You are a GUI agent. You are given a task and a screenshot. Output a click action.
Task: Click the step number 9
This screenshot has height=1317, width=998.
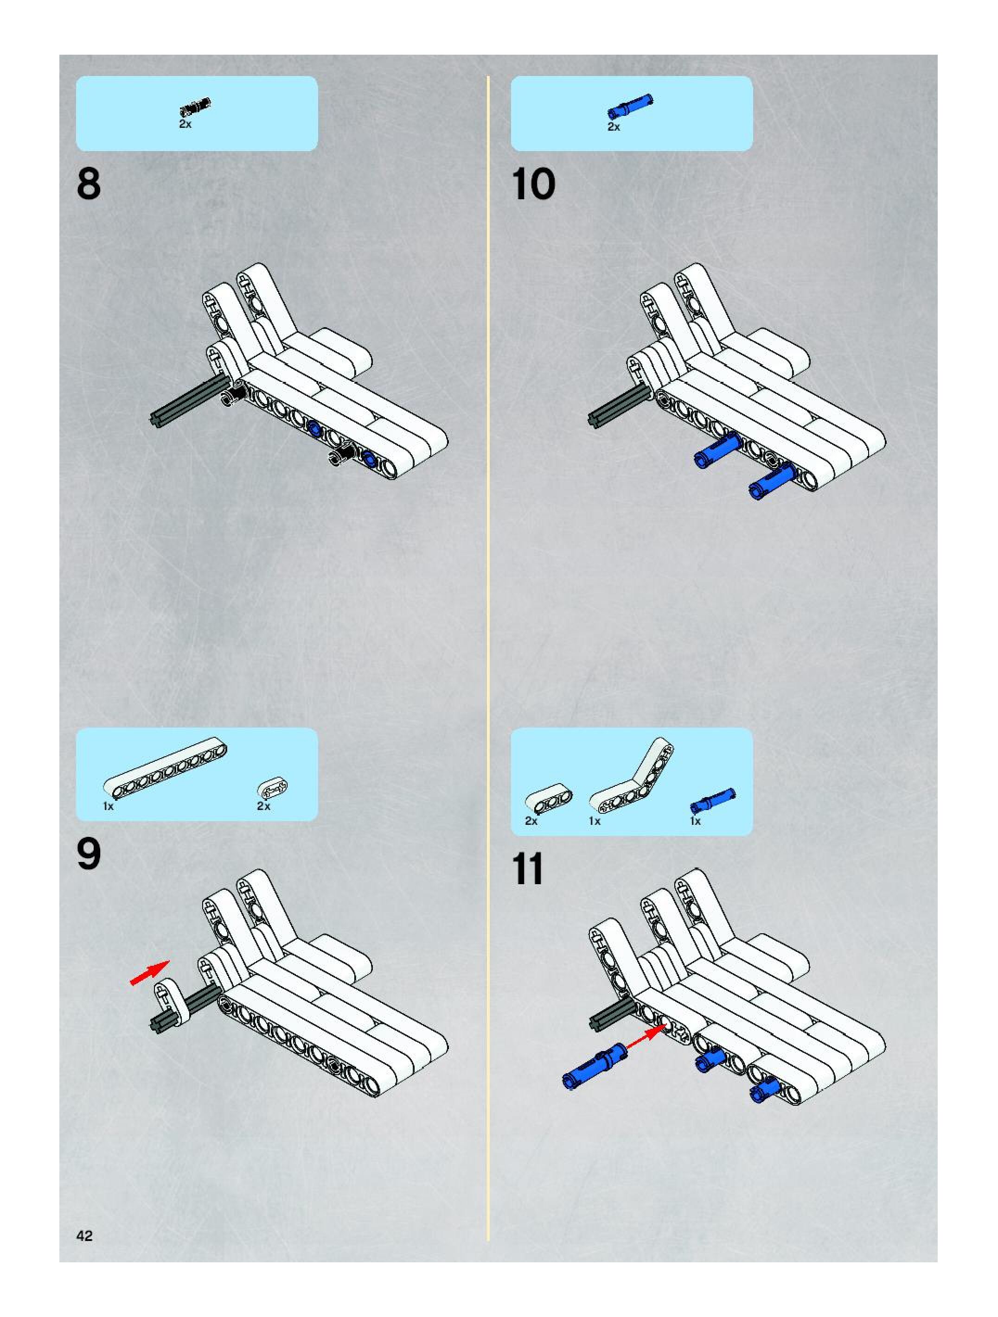point(89,855)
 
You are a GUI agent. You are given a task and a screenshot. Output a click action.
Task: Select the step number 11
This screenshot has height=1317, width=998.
point(527,869)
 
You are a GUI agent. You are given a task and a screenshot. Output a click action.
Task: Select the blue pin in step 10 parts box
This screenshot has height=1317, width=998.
point(630,107)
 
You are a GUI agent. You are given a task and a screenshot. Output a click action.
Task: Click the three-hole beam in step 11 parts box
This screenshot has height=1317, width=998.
point(549,801)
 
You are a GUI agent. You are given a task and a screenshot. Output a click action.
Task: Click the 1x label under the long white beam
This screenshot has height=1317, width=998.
point(109,806)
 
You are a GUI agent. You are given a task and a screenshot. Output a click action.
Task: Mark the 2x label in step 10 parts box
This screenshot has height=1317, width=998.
point(614,127)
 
